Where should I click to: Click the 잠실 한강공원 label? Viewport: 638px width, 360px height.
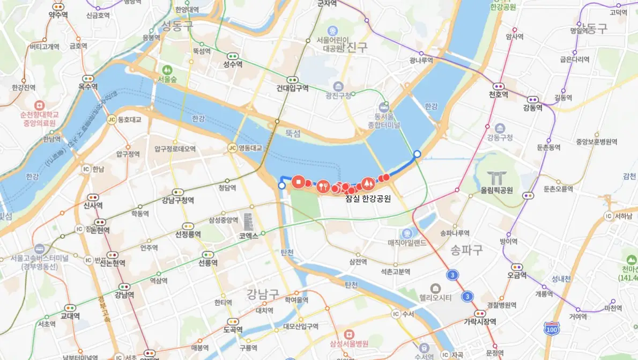(x=368, y=198)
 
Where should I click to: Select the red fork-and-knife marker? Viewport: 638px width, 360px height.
(x=322, y=186)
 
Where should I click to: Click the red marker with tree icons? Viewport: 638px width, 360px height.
(x=368, y=183)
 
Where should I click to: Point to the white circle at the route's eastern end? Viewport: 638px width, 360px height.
(x=417, y=155)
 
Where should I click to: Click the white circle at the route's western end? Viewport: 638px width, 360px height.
(x=282, y=186)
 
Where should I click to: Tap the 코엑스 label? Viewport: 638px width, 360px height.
(x=249, y=235)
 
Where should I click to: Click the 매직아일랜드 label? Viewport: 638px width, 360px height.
(x=407, y=243)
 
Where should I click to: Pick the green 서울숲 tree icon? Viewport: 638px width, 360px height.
(x=167, y=70)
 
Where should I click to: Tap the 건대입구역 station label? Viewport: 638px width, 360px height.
(x=292, y=88)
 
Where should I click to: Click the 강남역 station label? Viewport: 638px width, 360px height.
(x=124, y=295)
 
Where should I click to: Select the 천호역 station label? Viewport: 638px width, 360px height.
(x=498, y=94)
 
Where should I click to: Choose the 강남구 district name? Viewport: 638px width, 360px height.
(x=263, y=293)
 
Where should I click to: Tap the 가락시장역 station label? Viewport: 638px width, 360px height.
(x=480, y=321)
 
